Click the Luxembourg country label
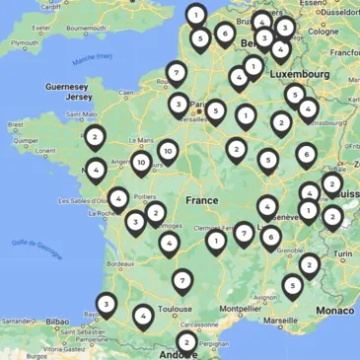point(301,74)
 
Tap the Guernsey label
point(67,86)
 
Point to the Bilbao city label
point(58,322)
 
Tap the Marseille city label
point(280,320)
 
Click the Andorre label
point(179,354)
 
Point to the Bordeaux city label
point(119,264)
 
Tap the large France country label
point(201,200)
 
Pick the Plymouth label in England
point(24,43)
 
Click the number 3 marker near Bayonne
point(106,304)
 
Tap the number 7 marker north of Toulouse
point(181,280)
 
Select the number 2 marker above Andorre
point(185,341)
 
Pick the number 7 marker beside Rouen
point(176,71)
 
